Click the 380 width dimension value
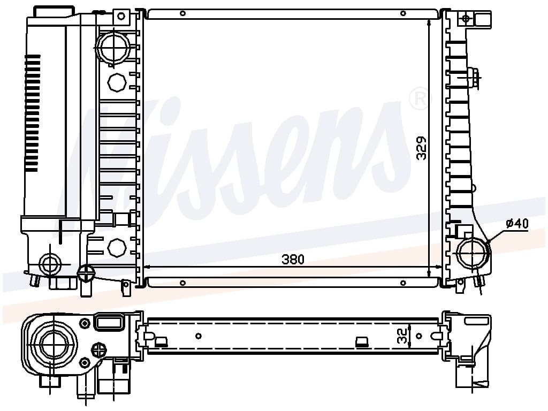[293, 260]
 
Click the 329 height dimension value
[422, 148]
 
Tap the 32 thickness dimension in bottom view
[402, 336]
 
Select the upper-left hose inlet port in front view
[113, 48]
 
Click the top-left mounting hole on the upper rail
[182, 13]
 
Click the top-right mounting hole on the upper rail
[403, 13]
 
